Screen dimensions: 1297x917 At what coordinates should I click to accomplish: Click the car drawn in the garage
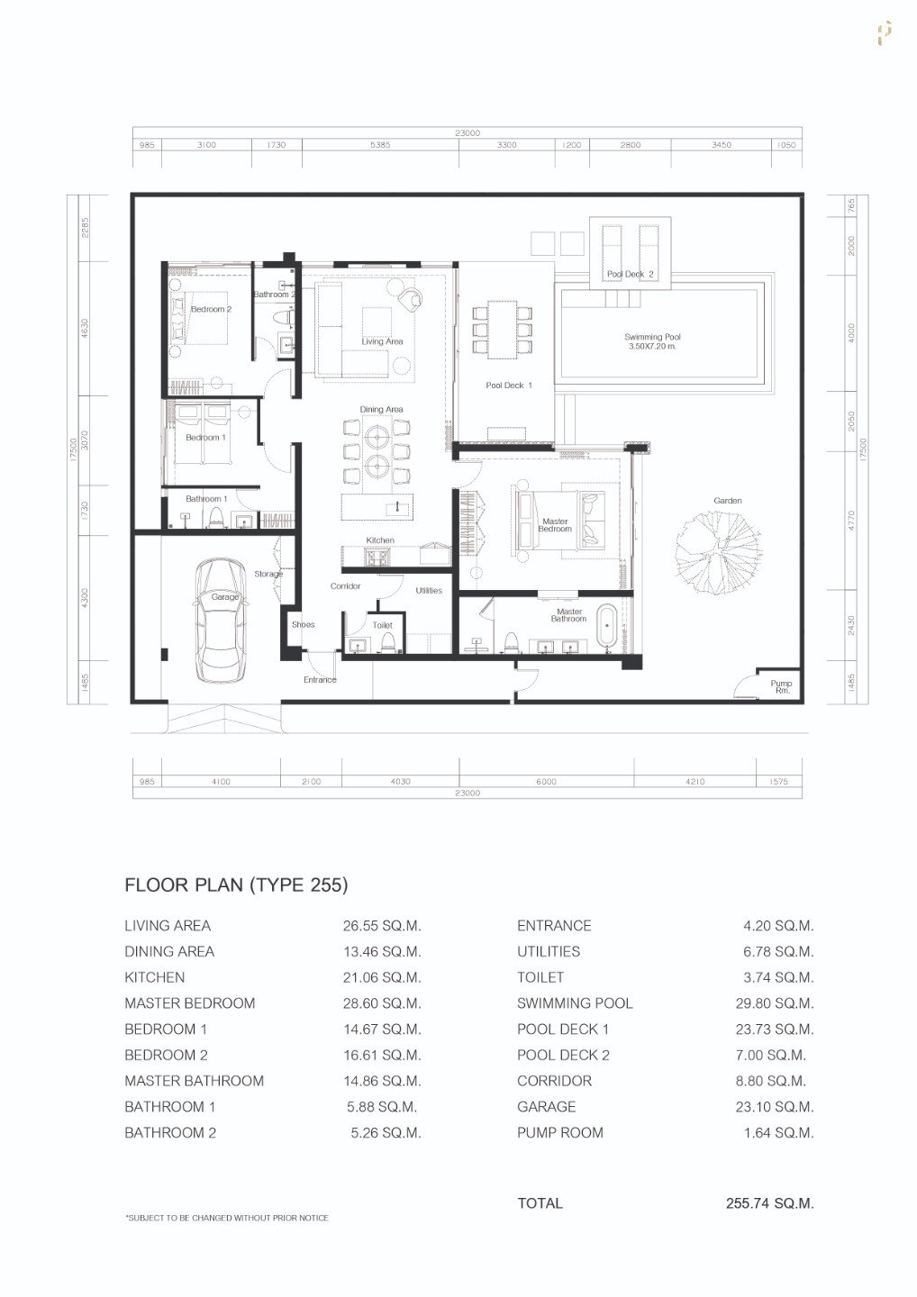click(x=221, y=621)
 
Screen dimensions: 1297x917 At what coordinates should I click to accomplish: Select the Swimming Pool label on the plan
click(x=652, y=341)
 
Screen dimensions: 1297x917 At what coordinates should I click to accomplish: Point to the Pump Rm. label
click(x=781, y=687)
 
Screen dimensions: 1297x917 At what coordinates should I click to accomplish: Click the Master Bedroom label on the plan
click(x=555, y=525)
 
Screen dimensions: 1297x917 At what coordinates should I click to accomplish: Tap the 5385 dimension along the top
click(x=380, y=145)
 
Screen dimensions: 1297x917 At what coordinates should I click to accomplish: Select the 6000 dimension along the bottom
click(x=546, y=782)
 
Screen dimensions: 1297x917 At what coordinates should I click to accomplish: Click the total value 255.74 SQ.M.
click(x=769, y=1203)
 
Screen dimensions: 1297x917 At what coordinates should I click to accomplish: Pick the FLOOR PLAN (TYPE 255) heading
click(x=236, y=884)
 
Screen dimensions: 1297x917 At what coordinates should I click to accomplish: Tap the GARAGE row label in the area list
click(x=546, y=1107)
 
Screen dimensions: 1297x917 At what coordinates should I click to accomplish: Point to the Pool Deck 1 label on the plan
click(x=509, y=385)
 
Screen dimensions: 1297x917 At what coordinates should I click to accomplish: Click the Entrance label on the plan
click(x=320, y=680)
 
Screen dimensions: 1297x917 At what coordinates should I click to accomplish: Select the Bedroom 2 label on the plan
click(x=211, y=309)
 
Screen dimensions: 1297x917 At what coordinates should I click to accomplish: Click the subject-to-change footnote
click(x=227, y=1218)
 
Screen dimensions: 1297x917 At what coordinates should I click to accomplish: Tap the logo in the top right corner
click(x=885, y=33)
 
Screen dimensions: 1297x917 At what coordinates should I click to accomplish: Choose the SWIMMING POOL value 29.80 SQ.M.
click(x=774, y=1003)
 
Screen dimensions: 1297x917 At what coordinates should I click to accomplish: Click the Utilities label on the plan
click(x=429, y=591)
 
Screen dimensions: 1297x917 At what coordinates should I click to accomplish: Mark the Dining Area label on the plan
click(x=381, y=410)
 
